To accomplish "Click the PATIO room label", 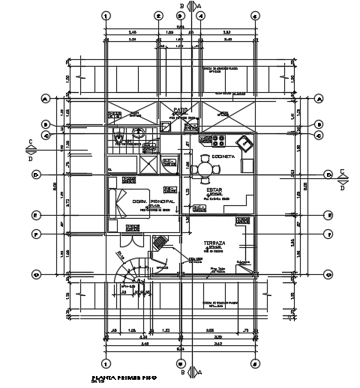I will (x=181, y=109).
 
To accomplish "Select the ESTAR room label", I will (x=217, y=190).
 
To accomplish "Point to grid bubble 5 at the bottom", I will (x=256, y=363).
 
